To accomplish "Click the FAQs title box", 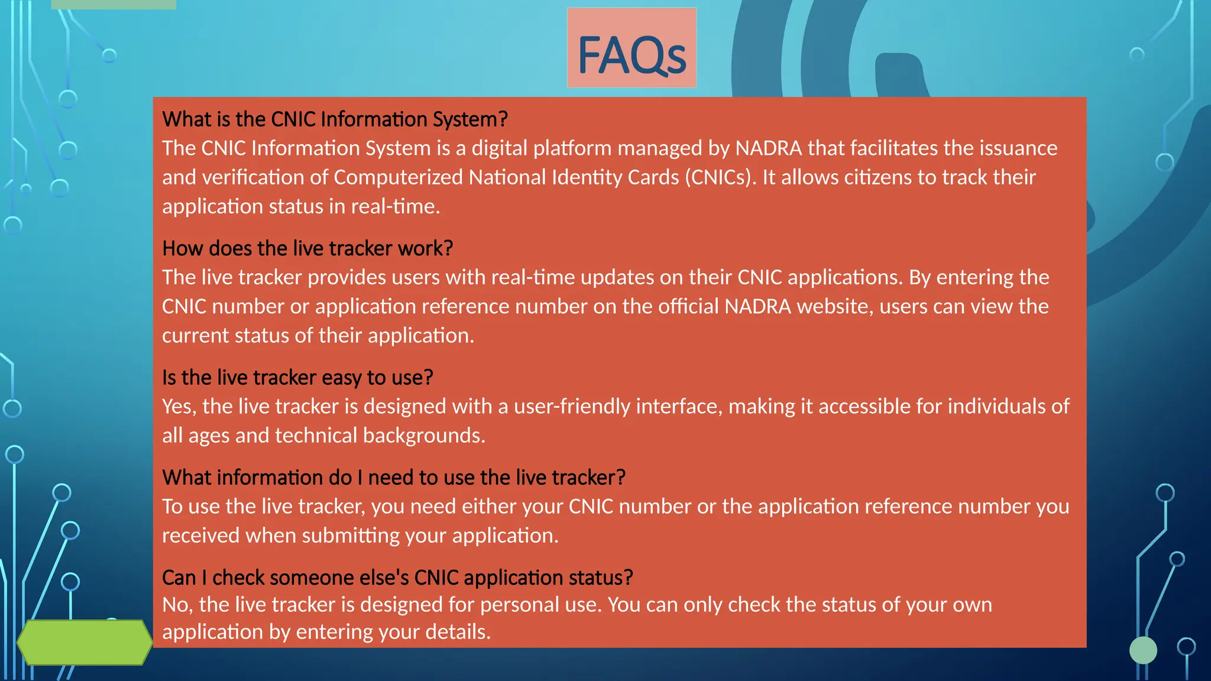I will coord(632,48).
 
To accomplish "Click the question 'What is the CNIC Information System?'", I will coord(335,119).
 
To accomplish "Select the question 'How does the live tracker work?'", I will coord(307,249).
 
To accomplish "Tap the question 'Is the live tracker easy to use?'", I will coord(297,378).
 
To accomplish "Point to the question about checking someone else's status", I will coord(397,578).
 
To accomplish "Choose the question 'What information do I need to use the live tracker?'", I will coord(394,478).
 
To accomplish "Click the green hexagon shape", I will coord(85,642).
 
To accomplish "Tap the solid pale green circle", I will coord(1143,650).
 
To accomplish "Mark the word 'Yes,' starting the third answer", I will coord(179,407).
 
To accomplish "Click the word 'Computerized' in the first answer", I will coord(398,177).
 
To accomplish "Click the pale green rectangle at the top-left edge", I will coord(114,4).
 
